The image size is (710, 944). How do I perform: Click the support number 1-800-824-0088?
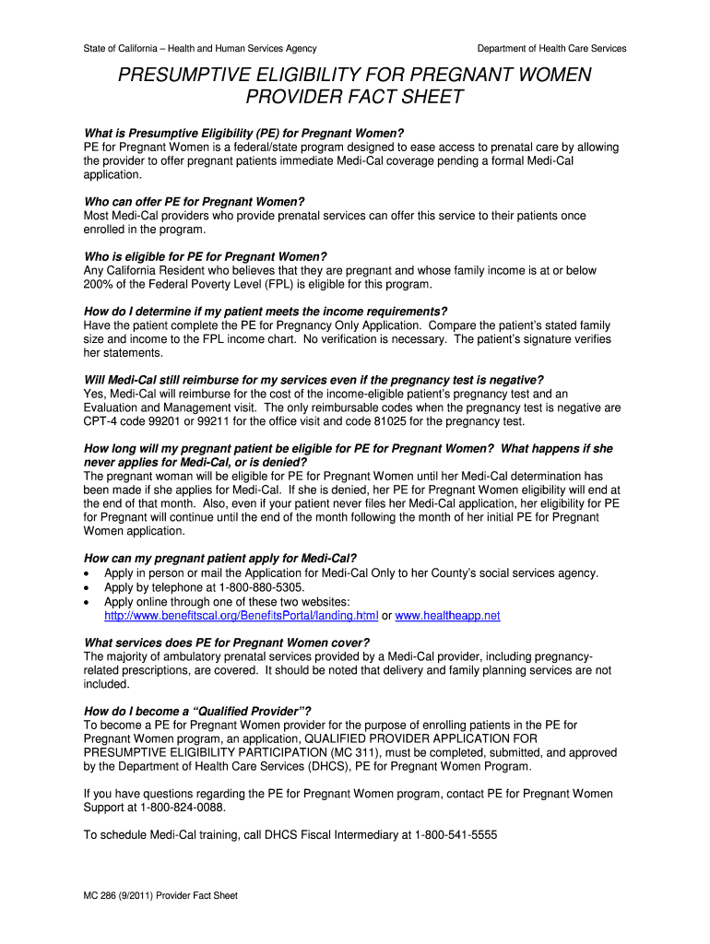coord(182,808)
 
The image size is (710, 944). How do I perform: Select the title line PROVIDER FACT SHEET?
coord(354,98)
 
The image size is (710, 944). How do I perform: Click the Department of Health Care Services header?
coord(551,48)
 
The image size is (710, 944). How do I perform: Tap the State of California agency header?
coord(200,48)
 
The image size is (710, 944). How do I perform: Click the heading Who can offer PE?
coord(194,202)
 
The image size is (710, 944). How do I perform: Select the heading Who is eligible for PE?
coord(205,256)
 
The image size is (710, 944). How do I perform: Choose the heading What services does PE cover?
coord(227,643)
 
